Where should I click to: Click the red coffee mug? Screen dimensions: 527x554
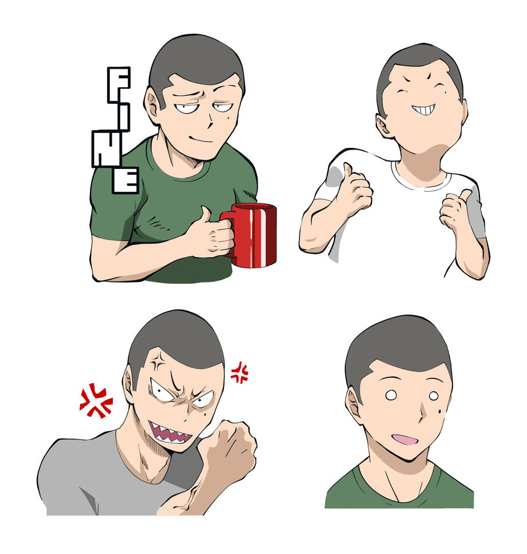(x=252, y=235)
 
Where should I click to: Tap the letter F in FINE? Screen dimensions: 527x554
(x=119, y=85)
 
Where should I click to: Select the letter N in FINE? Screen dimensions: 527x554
(x=107, y=148)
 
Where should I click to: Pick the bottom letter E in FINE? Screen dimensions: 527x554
(x=125, y=180)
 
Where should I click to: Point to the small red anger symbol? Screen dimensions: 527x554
(x=239, y=372)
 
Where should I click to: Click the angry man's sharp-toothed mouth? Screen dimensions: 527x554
(x=170, y=433)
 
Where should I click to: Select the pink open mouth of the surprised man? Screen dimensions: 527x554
(x=405, y=439)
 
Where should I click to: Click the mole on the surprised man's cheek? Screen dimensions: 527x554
(x=440, y=411)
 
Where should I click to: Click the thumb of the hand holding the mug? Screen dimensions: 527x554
(x=205, y=215)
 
